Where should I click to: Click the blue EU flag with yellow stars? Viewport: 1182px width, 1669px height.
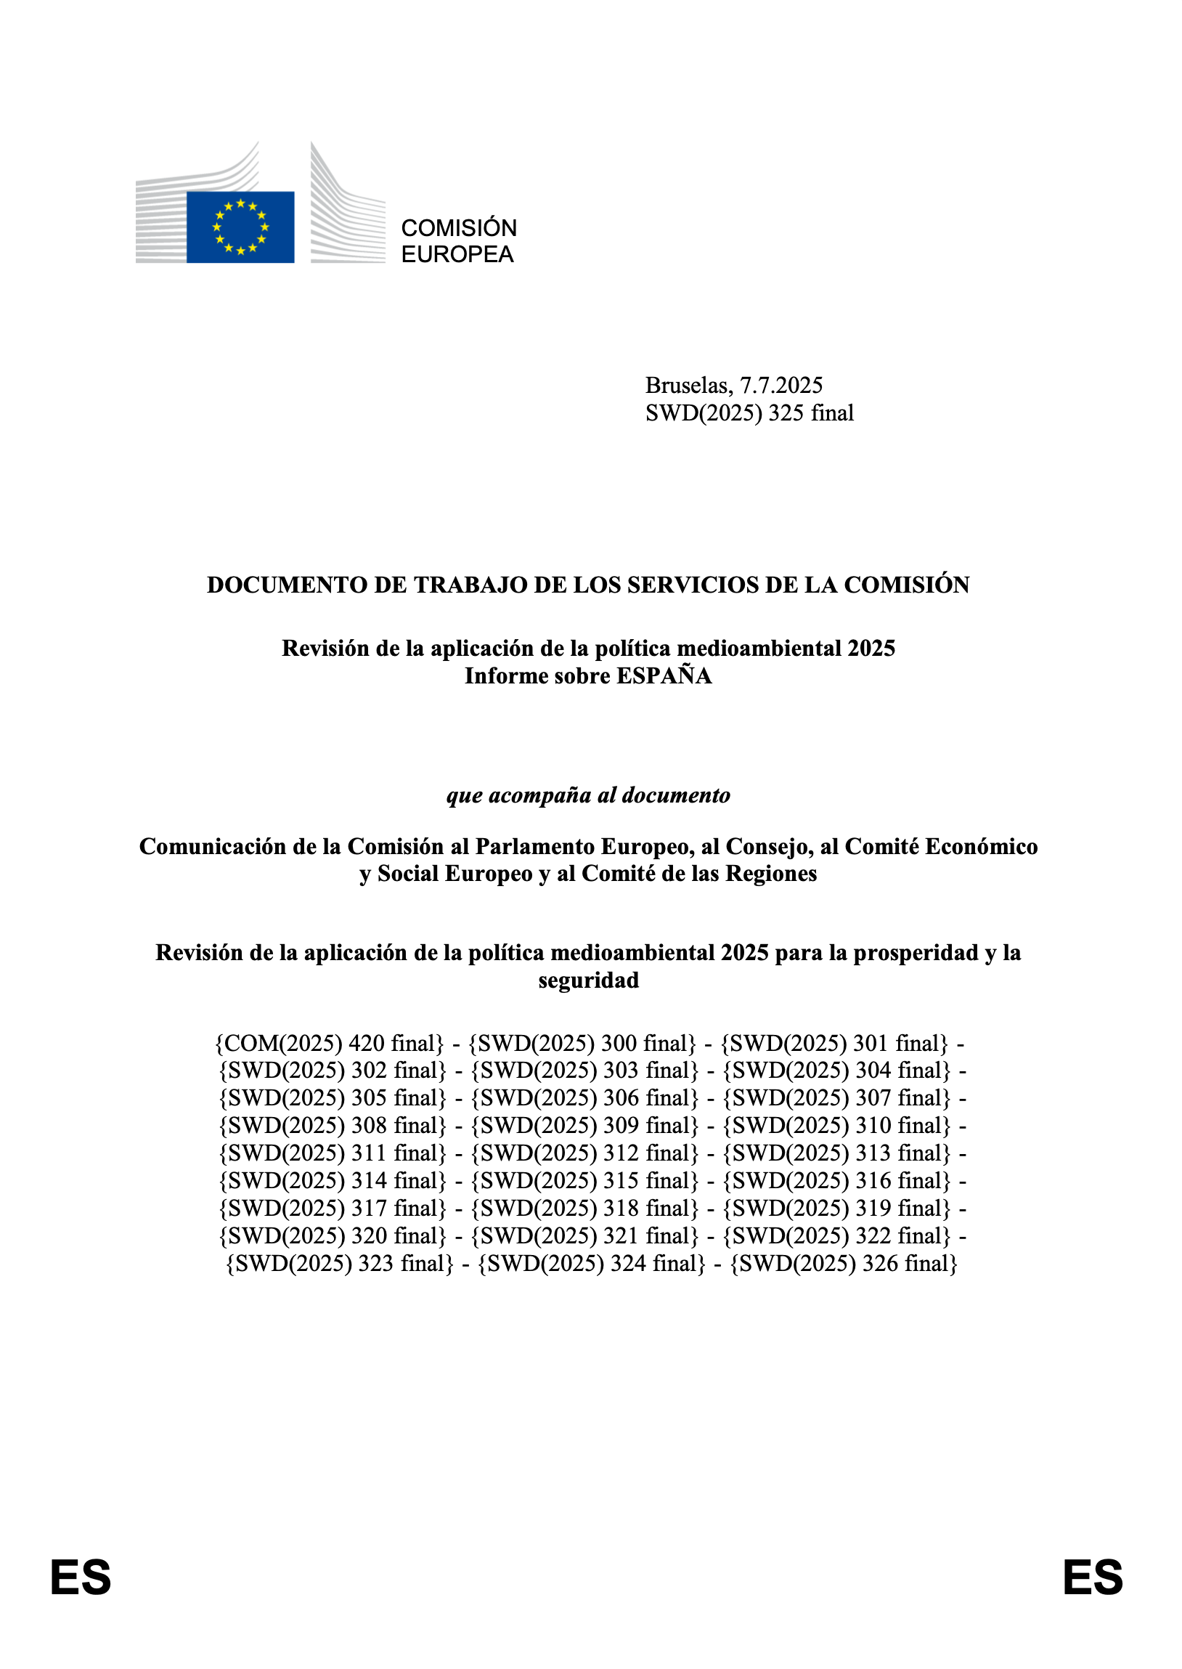[240, 227]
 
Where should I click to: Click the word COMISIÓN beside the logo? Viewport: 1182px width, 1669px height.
[459, 228]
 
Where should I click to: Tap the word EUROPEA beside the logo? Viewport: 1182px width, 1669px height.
[457, 254]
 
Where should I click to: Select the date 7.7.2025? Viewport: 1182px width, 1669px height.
[781, 385]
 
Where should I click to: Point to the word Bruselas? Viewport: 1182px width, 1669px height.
[688, 385]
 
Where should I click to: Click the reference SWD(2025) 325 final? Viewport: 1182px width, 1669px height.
[749, 413]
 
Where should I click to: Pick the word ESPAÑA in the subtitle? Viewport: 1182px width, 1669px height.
[664, 675]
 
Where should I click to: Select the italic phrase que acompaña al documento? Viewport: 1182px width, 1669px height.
[588, 795]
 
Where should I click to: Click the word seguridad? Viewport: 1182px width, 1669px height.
[588, 980]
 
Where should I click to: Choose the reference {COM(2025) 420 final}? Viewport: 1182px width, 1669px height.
[329, 1043]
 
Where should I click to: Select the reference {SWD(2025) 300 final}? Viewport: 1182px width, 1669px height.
[582, 1043]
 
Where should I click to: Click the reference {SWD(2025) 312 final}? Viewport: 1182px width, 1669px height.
[584, 1153]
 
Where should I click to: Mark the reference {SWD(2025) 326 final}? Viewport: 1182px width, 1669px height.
[844, 1263]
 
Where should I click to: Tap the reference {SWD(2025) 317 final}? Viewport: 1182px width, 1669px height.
[332, 1209]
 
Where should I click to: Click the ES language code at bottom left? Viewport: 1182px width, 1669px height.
[80, 1577]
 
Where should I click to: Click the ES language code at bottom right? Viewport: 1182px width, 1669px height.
[1093, 1577]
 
